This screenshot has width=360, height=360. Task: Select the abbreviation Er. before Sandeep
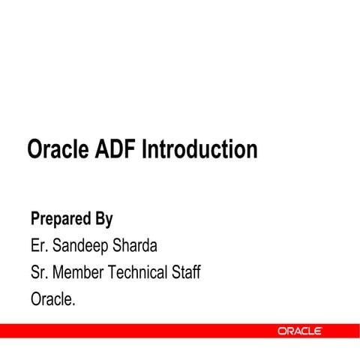coord(39,246)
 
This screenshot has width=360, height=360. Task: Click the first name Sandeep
coord(79,246)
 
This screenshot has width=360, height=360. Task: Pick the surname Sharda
coord(136,246)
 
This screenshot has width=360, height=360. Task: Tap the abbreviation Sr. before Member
coord(39,272)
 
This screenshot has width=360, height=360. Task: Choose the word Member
coord(79,272)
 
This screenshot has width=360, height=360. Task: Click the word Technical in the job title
coord(139,272)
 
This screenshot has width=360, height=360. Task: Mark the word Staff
coord(187,272)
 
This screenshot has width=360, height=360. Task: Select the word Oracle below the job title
coord(52,298)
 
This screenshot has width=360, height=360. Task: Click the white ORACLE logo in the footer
coord(300,331)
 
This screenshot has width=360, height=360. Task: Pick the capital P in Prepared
coord(35,220)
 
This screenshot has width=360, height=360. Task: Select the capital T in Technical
coord(114,272)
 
